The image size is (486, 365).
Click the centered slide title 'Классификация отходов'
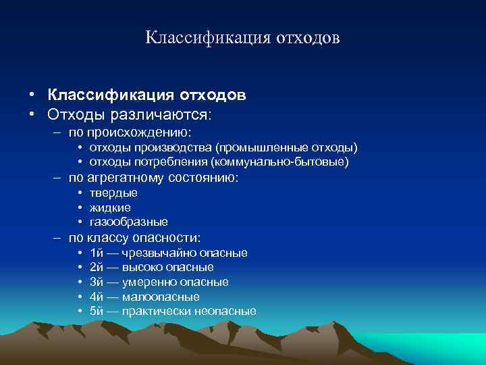coord(242,36)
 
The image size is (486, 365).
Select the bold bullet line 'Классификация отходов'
coord(146,95)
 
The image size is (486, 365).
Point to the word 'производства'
coord(163,147)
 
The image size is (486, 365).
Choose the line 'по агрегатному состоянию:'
coord(153,178)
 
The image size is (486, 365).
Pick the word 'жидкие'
coord(110,208)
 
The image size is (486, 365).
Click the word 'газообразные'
coord(129,222)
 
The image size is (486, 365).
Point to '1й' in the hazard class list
coord(96,253)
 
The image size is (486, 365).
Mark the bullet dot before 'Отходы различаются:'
coord(31,112)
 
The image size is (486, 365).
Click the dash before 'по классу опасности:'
coord(58,237)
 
